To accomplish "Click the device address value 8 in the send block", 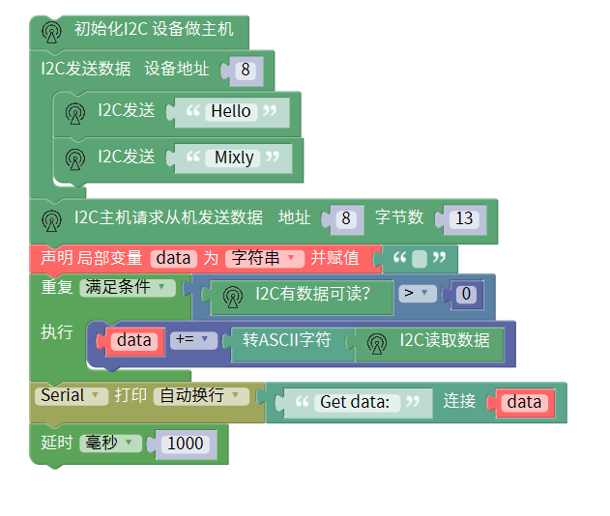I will [x=246, y=70].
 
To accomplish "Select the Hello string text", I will [x=231, y=111].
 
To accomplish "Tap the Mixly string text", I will [x=234, y=157].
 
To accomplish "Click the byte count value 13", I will [x=464, y=218].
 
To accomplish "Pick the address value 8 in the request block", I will [x=345, y=218].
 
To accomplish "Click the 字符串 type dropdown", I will [x=265, y=258].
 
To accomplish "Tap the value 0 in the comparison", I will [x=467, y=294].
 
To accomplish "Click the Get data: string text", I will [x=355, y=402].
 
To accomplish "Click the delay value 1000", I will [x=185, y=444].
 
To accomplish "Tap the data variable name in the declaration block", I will [x=174, y=258].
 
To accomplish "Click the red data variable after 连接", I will [x=524, y=402].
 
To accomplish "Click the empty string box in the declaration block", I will [x=419, y=259].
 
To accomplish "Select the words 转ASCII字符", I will [x=287, y=340].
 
